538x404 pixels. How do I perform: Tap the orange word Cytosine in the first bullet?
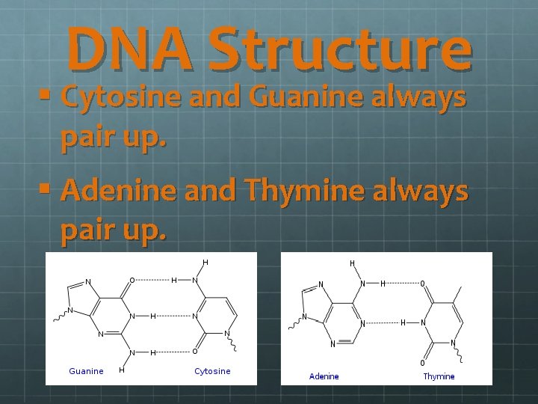[x=117, y=97]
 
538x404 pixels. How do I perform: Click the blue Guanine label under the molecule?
[x=86, y=371]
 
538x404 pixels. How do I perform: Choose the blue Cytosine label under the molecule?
[x=212, y=371]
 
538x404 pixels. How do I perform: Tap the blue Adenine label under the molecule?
[x=324, y=376]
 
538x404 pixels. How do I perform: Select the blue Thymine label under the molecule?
[x=439, y=376]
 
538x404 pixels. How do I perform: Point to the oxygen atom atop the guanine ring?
[x=132, y=281]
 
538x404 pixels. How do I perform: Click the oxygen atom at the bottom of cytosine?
[x=194, y=352]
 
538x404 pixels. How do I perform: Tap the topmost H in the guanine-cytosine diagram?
[x=205, y=263]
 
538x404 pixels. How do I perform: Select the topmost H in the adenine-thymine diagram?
[x=353, y=263]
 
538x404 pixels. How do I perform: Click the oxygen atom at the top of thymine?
[x=422, y=284]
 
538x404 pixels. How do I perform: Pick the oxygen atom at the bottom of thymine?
[x=422, y=363]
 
